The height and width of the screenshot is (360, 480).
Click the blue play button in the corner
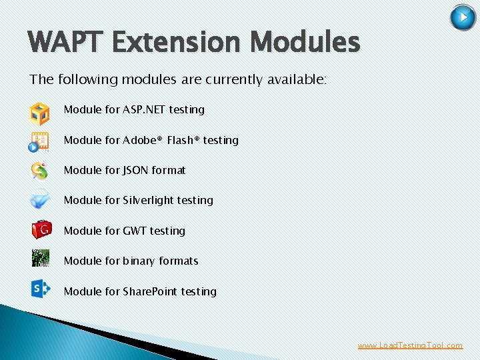[463, 18]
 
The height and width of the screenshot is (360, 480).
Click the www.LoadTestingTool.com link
[410, 345]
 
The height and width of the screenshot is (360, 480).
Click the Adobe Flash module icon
[39, 141]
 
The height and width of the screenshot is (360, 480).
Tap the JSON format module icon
[39, 171]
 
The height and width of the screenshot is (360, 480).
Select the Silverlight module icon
[39, 200]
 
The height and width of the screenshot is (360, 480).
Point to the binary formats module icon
[40, 259]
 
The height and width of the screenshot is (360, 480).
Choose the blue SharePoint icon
[41, 288]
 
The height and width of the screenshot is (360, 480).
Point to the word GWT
[135, 231]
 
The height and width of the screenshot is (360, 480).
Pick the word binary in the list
[139, 261]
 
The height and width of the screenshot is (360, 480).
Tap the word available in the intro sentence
[295, 80]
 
